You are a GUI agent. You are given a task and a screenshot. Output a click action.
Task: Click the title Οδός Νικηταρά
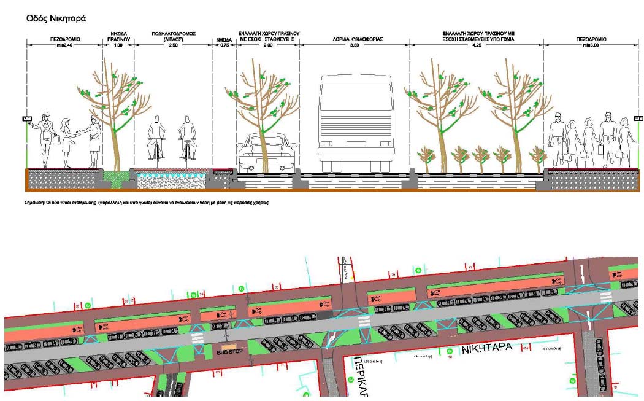point(56,18)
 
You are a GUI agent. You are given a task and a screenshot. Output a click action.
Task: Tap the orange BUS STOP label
point(231,352)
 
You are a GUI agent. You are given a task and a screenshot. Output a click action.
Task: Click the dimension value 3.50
point(354,45)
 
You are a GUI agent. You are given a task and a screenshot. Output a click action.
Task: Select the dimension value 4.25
point(477,45)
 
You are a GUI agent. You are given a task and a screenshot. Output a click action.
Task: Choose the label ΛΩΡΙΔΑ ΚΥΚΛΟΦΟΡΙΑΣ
point(354,39)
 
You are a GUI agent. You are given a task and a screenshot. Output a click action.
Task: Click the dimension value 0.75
point(224,45)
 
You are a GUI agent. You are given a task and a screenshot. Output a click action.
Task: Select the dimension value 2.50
point(174,45)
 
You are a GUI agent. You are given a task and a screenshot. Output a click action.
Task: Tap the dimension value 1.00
point(118,45)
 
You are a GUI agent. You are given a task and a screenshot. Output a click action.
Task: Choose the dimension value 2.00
point(267,45)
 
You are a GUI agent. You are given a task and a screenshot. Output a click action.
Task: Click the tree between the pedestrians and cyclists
point(116,111)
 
